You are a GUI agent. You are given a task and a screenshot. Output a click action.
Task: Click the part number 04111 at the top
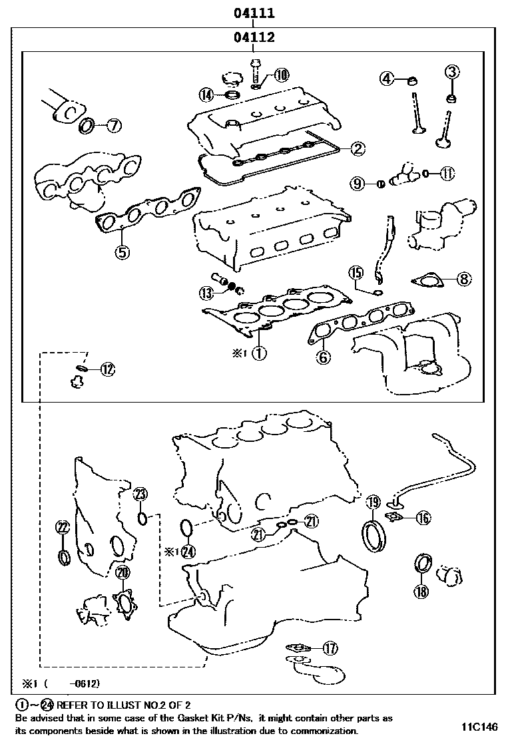pyautogui.click(x=254, y=13)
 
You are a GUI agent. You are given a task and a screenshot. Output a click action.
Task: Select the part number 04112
pyautogui.click(x=254, y=38)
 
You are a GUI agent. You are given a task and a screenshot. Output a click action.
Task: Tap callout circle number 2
pyautogui.click(x=358, y=149)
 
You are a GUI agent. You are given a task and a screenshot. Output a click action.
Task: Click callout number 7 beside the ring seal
pyautogui.click(x=113, y=124)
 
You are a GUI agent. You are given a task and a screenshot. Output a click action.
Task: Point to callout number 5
pyautogui.click(x=122, y=252)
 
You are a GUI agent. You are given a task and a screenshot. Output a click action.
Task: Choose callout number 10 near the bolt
pyautogui.click(x=282, y=75)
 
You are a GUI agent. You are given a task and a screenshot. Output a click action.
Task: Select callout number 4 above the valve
pyautogui.click(x=387, y=79)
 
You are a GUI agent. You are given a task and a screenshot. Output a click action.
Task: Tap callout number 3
pyautogui.click(x=452, y=71)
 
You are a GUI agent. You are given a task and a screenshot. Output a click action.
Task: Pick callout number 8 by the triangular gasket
pyautogui.click(x=463, y=280)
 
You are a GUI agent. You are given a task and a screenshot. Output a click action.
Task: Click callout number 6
pyautogui.click(x=324, y=357)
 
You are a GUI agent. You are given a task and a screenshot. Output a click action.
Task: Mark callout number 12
pyautogui.click(x=107, y=368)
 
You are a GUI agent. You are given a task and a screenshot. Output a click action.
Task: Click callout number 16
pyautogui.click(x=423, y=518)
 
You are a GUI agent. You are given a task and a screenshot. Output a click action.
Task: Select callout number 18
pyautogui.click(x=420, y=591)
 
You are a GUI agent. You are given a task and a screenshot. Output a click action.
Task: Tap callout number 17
pyautogui.click(x=331, y=647)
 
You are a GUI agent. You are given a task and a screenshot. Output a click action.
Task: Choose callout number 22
pyautogui.click(x=62, y=528)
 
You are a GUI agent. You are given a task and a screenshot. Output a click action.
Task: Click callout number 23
pyautogui.click(x=140, y=494)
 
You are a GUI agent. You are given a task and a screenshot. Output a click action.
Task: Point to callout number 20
pyautogui.click(x=122, y=572)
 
